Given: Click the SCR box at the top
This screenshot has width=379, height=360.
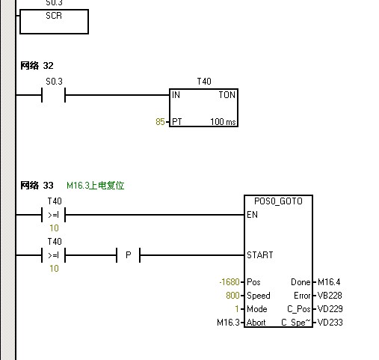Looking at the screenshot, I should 54,21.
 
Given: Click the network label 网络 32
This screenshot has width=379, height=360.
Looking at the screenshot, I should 37,66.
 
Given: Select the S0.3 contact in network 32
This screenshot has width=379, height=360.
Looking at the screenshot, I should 54,95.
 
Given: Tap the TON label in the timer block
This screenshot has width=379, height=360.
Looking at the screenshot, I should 227,95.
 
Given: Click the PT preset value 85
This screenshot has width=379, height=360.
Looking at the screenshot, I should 160,121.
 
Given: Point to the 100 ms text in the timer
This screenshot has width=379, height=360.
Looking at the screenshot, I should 222,121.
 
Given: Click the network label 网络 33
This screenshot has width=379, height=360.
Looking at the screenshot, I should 37,185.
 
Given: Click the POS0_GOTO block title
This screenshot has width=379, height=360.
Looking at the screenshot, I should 278,202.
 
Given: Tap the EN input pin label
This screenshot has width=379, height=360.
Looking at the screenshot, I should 252,215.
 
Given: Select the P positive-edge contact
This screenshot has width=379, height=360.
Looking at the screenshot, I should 128,255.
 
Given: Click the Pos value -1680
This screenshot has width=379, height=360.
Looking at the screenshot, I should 228,282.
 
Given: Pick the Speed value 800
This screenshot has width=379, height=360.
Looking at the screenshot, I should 232,296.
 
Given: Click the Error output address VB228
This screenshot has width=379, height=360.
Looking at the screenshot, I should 330,296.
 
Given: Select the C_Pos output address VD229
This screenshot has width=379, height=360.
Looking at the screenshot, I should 330,309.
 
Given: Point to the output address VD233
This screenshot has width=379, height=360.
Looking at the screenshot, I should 330,323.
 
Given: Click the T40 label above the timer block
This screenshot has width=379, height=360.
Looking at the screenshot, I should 204,80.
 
